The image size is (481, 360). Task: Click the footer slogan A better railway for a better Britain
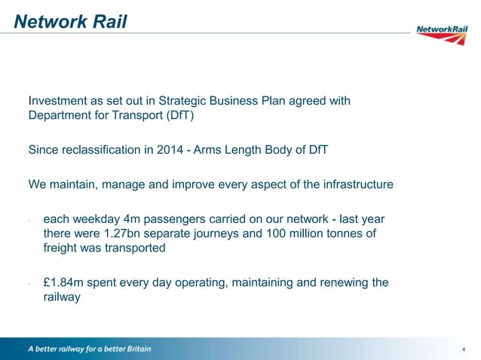coord(90,349)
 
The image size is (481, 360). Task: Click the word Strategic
coord(178,101)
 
